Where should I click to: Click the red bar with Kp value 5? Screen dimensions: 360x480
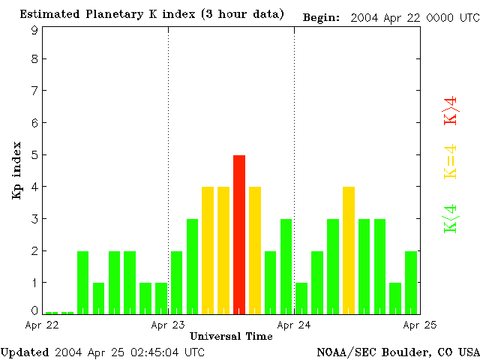pyautogui.click(x=239, y=234)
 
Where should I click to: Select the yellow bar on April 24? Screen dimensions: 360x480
pyautogui.click(x=349, y=250)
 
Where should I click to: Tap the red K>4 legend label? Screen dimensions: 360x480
pyautogui.click(x=450, y=110)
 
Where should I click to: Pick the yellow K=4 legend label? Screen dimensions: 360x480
pyautogui.click(x=450, y=161)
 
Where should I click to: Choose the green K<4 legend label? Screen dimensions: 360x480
pyautogui.click(x=450, y=219)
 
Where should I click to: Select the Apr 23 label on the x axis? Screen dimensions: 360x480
pyautogui.click(x=168, y=325)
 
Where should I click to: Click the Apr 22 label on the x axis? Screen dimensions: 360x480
pyautogui.click(x=42, y=325)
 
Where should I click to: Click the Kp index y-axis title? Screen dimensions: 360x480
pyautogui.click(x=16, y=169)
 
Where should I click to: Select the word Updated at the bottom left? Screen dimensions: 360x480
pyautogui.click(x=25, y=352)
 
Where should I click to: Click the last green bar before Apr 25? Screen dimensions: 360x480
pyautogui.click(x=411, y=282)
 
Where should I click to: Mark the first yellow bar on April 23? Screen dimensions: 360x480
pyautogui.click(x=208, y=250)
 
